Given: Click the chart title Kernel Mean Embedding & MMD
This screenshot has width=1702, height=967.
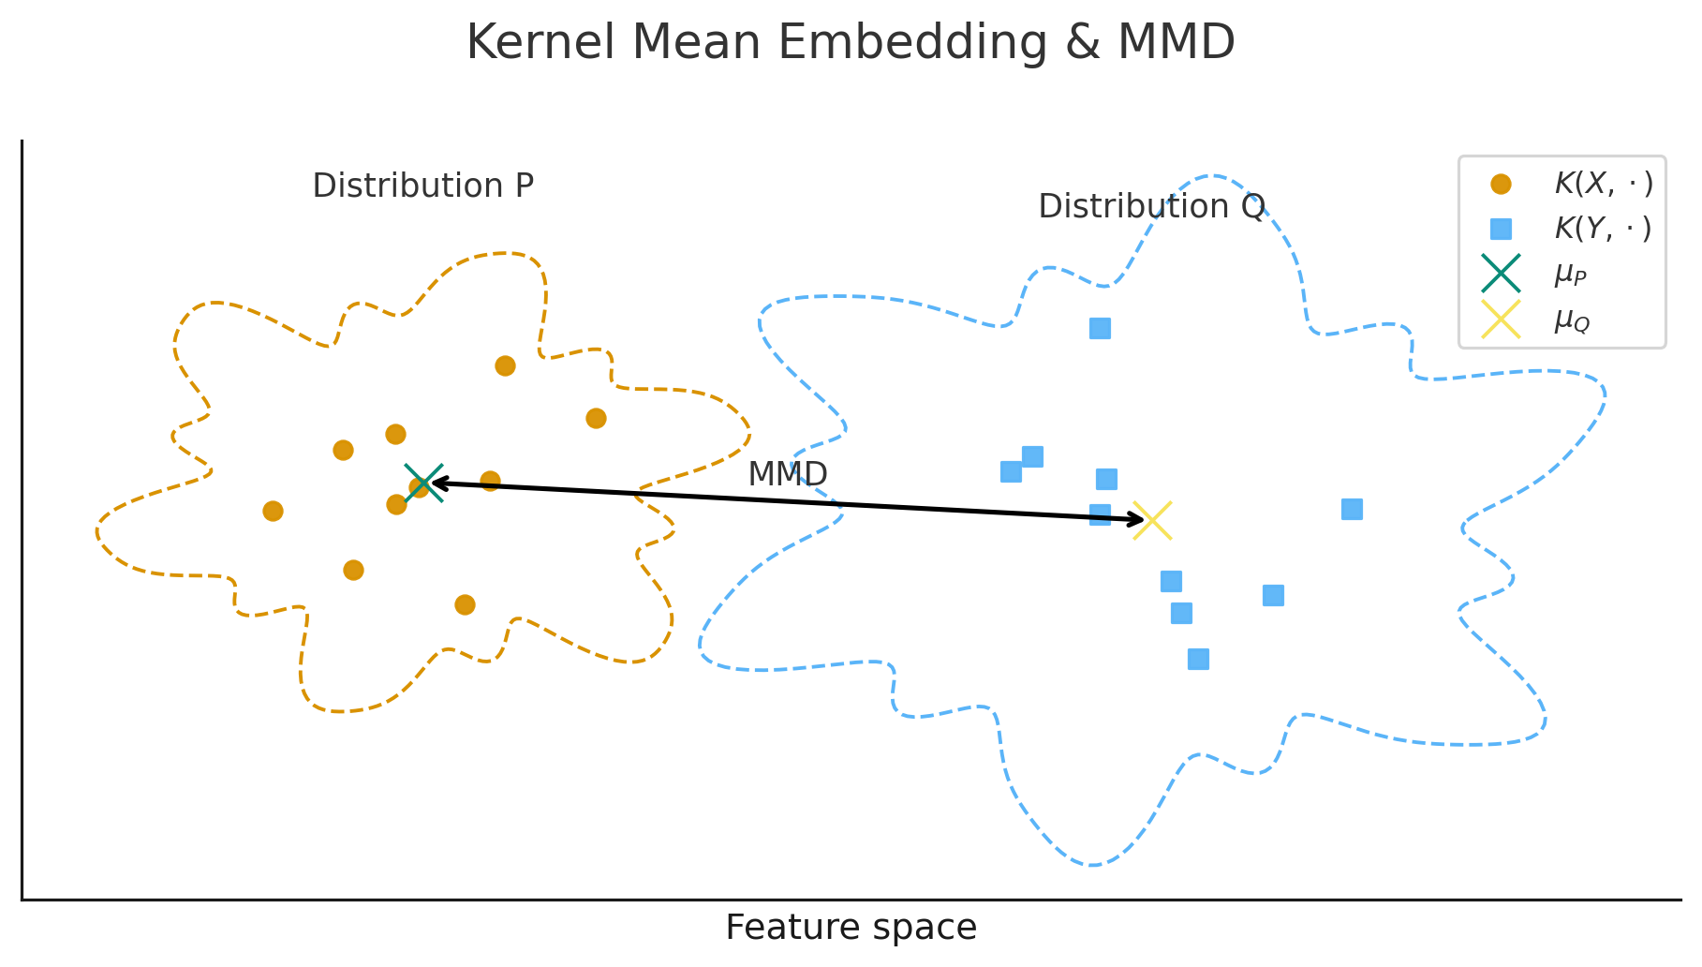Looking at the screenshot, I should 850,43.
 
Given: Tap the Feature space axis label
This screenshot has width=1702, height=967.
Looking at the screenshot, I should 850,928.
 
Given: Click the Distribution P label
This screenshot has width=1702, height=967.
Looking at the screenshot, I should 422,186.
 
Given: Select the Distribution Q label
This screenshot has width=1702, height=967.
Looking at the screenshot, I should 1151,207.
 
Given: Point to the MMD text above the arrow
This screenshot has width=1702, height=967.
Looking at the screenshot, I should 787,475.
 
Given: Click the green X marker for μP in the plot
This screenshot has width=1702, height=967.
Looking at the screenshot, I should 423,483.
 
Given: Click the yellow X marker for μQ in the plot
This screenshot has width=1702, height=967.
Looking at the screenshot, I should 1152,520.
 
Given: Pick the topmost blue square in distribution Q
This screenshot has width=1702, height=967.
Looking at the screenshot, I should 1100,328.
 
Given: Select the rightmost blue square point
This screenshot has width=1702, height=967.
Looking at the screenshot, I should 1351,509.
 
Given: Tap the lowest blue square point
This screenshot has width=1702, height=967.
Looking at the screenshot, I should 1198,659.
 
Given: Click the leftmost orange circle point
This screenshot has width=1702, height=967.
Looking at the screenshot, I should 273,511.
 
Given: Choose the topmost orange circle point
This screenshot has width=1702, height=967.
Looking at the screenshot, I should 505,365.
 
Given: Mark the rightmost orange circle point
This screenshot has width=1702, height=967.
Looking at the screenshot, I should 596,418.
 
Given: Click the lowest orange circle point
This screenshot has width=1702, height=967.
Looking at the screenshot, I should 465,604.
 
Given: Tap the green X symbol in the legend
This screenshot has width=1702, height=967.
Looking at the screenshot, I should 1501,274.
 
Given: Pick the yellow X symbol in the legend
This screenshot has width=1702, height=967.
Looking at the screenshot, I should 1501,320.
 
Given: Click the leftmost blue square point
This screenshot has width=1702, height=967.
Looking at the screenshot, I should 1011,471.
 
